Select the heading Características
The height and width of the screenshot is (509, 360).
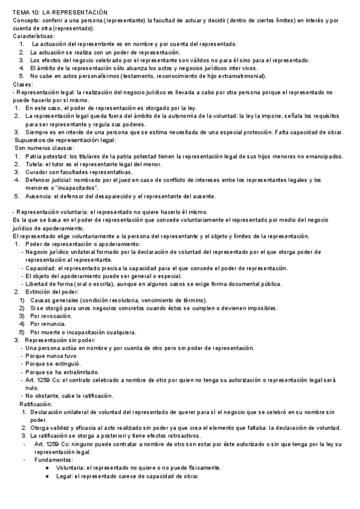pos(33,37)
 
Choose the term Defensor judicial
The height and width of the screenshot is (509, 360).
pos(50,180)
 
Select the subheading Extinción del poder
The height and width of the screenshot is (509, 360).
pos(56,291)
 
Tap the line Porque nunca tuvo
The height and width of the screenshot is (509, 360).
pos(53,356)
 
